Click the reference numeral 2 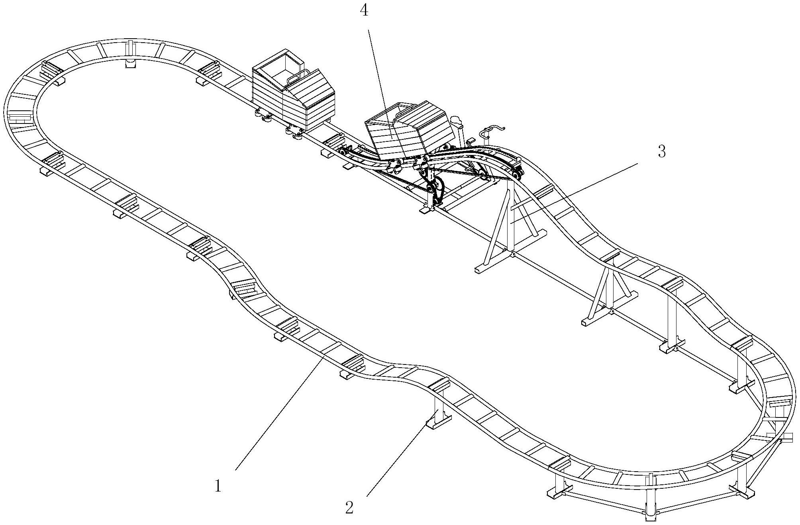(x=349, y=508)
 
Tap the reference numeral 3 (x=661, y=151)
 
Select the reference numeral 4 (x=364, y=11)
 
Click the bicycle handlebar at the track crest (x=492, y=130)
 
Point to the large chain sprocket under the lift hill (x=437, y=190)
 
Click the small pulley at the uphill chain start (x=343, y=153)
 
